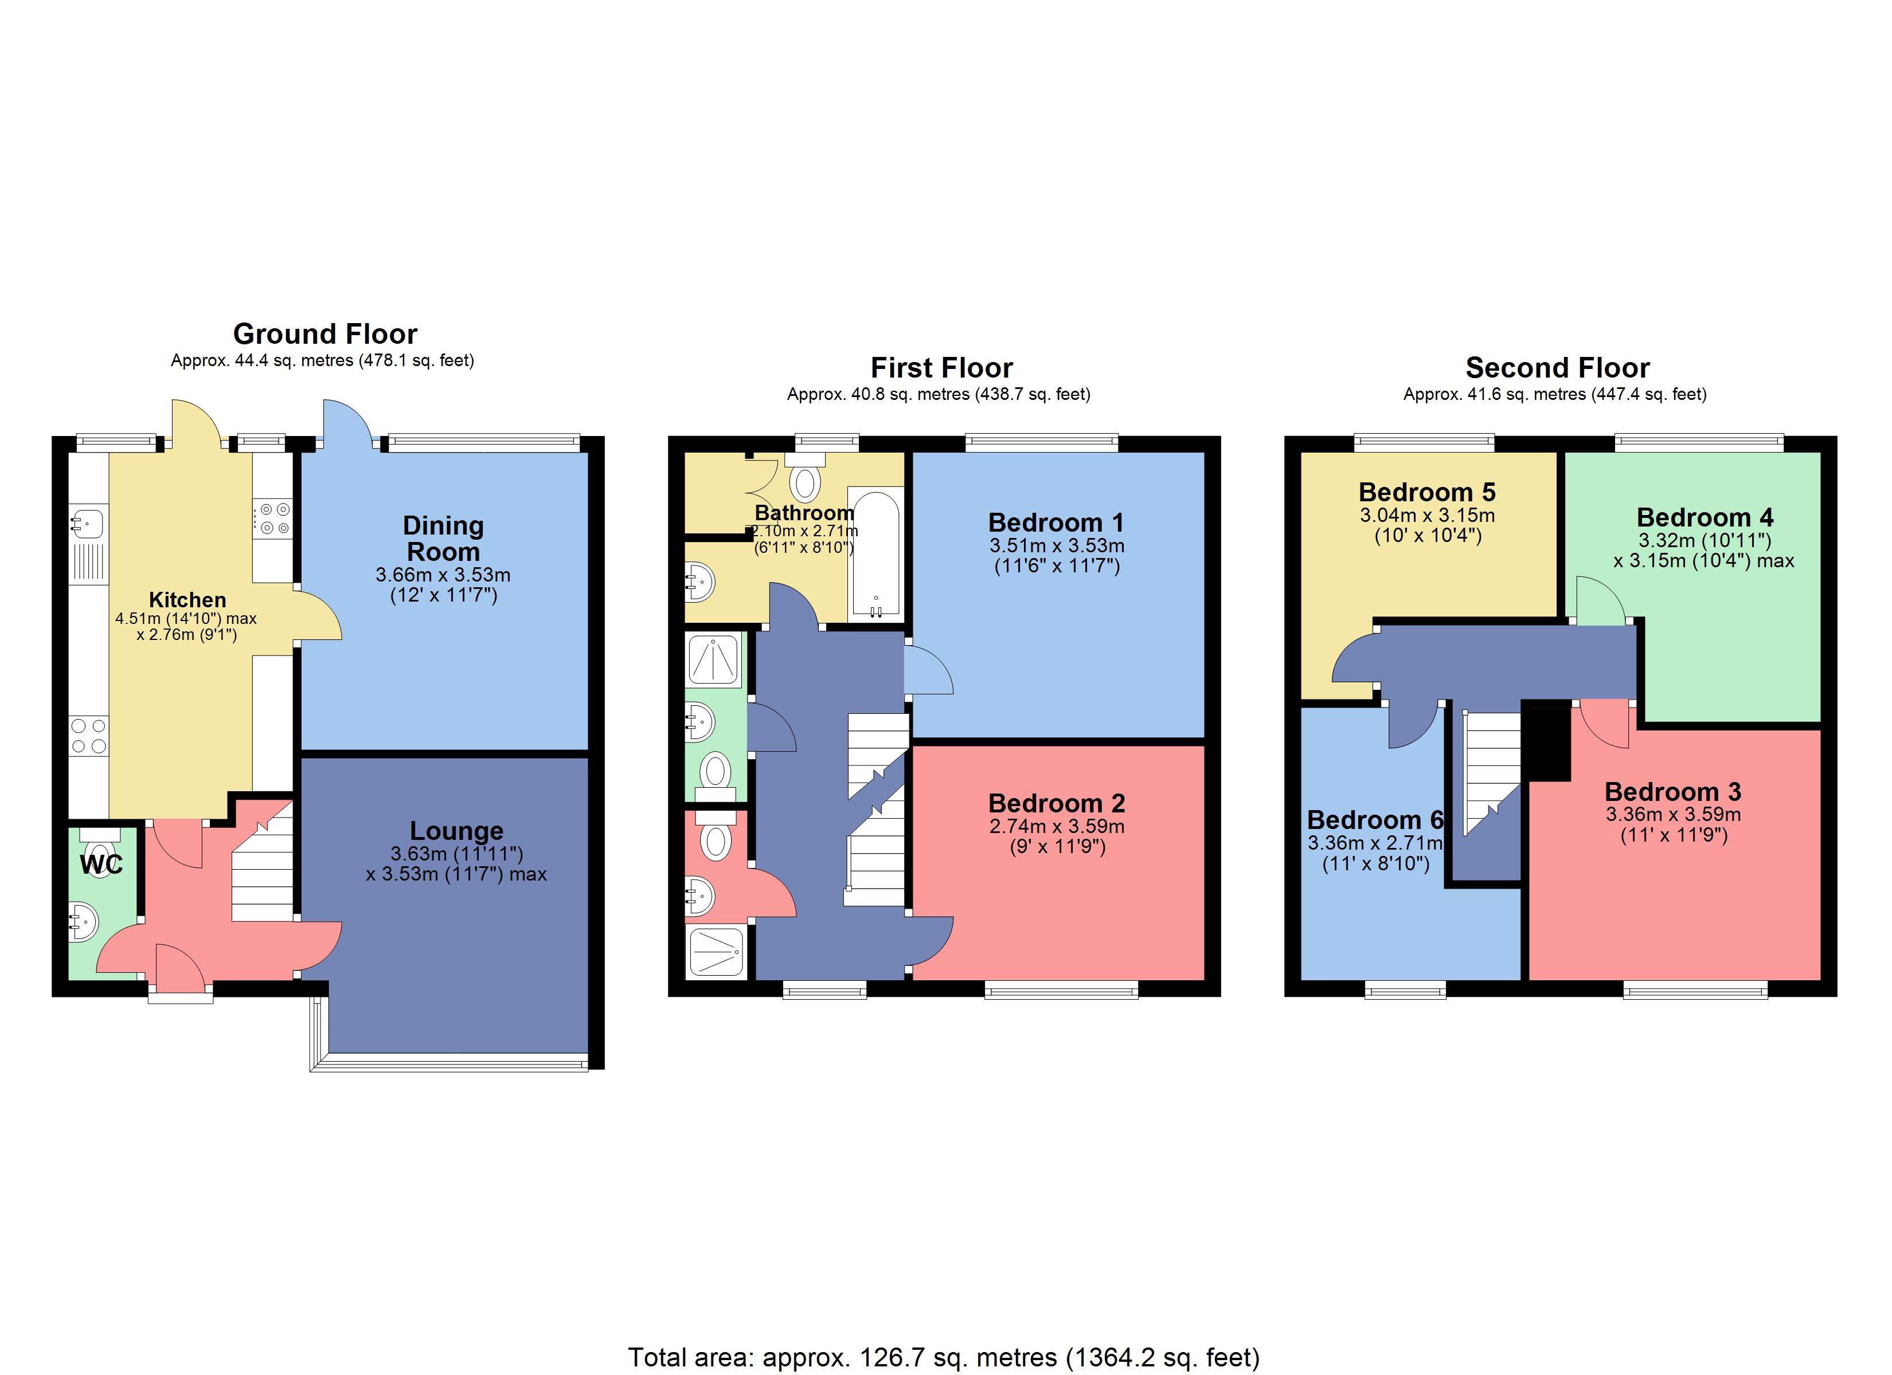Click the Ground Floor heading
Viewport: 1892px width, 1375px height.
pyautogui.click(x=325, y=333)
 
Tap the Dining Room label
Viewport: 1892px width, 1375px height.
pyautogui.click(x=443, y=539)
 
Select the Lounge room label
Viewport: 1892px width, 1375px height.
pyautogui.click(x=456, y=831)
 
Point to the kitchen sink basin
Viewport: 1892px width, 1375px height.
pyautogui.click(x=87, y=524)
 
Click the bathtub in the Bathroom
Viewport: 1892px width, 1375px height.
pyautogui.click(x=875, y=555)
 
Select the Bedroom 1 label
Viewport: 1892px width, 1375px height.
pyautogui.click(x=1056, y=523)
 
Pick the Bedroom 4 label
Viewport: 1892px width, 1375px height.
pyautogui.click(x=1705, y=517)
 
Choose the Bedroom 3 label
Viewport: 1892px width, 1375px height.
pyautogui.click(x=1672, y=791)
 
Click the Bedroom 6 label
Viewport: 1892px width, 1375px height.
pyautogui.click(x=1375, y=820)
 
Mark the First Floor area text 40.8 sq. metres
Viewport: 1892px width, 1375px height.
pyautogui.click(x=939, y=394)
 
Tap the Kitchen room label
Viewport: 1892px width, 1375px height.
pyautogui.click(x=187, y=599)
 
